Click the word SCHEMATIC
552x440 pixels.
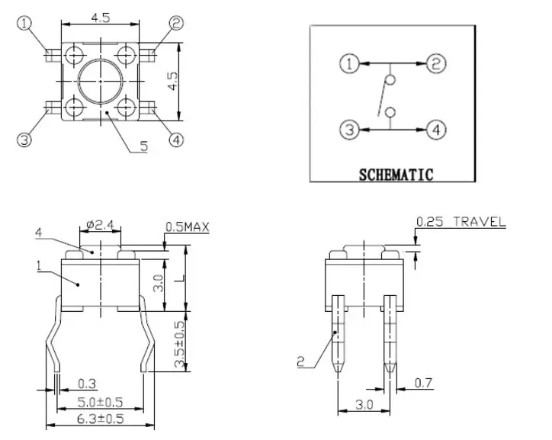pos(396,175)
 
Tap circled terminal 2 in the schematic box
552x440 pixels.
pos(436,64)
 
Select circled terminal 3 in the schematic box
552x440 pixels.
pos(349,130)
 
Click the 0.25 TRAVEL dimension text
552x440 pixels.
pos(461,222)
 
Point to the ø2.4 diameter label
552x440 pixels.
pos(101,225)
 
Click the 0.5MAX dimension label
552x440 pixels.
pos(188,227)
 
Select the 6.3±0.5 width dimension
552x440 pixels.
pos(101,419)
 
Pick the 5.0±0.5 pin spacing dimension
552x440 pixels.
pos(101,402)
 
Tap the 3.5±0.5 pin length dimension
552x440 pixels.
pos(179,344)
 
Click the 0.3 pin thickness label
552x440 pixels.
pos(87,384)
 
